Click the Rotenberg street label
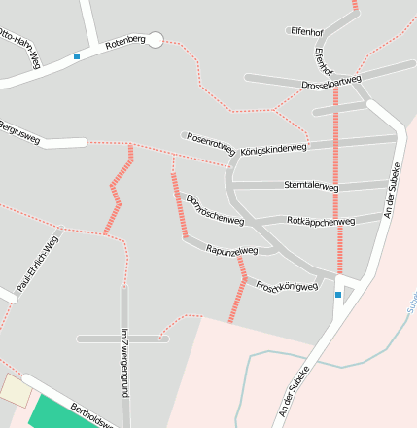coord(124,41)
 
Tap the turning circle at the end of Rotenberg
coord(155,39)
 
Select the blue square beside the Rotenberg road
coord(77,56)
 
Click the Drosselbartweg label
coord(330,84)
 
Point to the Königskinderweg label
coord(273,149)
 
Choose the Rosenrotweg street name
coord(211,144)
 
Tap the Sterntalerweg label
coord(311,185)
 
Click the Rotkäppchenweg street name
coord(322,221)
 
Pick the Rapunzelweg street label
coord(232,250)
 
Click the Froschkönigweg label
coord(287,286)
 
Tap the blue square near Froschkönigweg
coord(338,294)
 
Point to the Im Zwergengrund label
coord(123,362)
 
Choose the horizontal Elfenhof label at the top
coord(306,31)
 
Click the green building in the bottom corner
coord(60,412)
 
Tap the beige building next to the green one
coord(16,391)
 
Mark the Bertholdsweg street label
coord(93,415)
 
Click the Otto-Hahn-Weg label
coord(20,48)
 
